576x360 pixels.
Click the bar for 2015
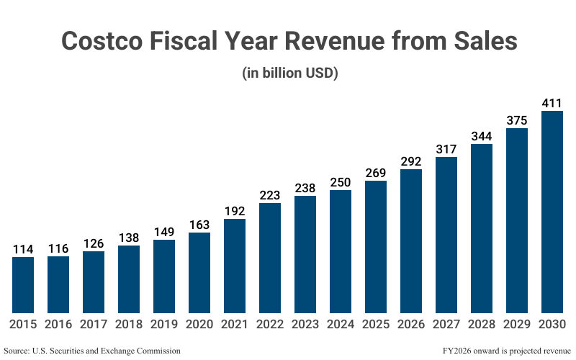click(x=23, y=284)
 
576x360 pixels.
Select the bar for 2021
click(x=235, y=266)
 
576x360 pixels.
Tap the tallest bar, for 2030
click(x=552, y=212)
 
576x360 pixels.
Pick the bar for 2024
click(x=341, y=251)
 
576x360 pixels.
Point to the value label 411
click(x=552, y=103)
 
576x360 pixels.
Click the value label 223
click(x=270, y=195)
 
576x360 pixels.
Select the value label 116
click(x=58, y=248)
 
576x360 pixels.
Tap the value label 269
click(x=376, y=173)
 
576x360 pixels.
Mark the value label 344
click(x=482, y=136)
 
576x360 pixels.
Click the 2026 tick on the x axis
click(x=411, y=324)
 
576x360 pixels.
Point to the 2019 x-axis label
click(x=164, y=324)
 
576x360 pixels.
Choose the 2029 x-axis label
click(x=517, y=324)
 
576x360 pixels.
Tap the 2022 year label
click(x=270, y=324)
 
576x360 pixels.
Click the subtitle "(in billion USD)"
click(x=288, y=73)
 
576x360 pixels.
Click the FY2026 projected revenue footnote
click(x=496, y=351)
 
